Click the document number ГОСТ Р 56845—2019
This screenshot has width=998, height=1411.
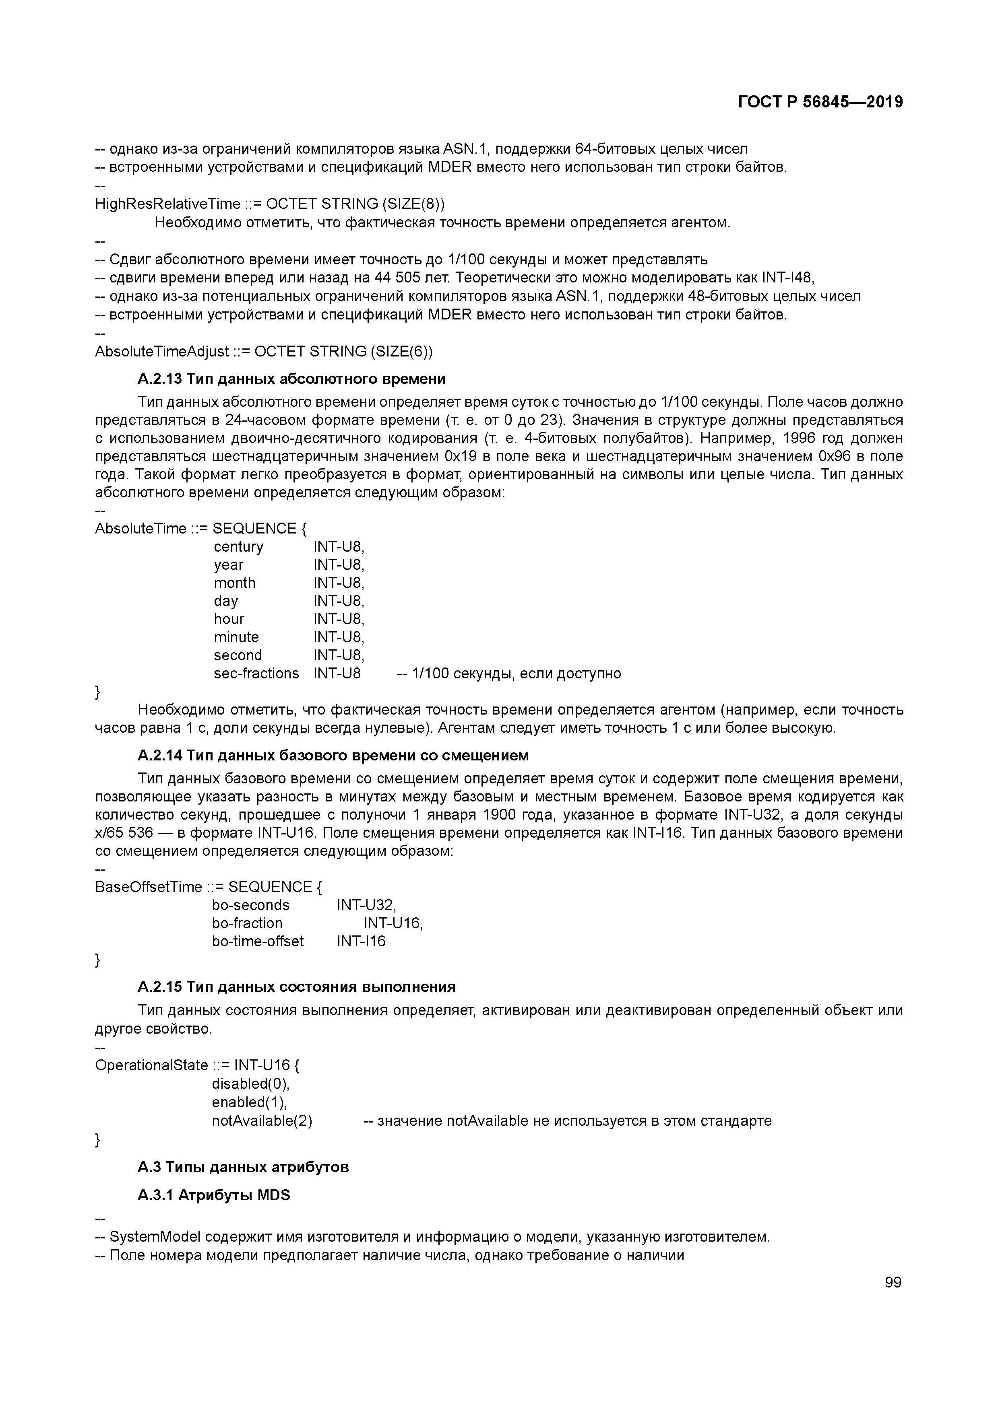pos(820,102)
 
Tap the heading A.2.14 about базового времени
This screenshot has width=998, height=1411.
pos(333,755)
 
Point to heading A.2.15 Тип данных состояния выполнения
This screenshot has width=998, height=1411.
pos(296,987)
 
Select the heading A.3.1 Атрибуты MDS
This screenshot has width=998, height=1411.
pos(213,1195)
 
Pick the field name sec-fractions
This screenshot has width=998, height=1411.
pos(256,674)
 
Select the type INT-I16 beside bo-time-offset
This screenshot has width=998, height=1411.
pos(361,941)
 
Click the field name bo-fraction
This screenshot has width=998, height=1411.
pos(247,923)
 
